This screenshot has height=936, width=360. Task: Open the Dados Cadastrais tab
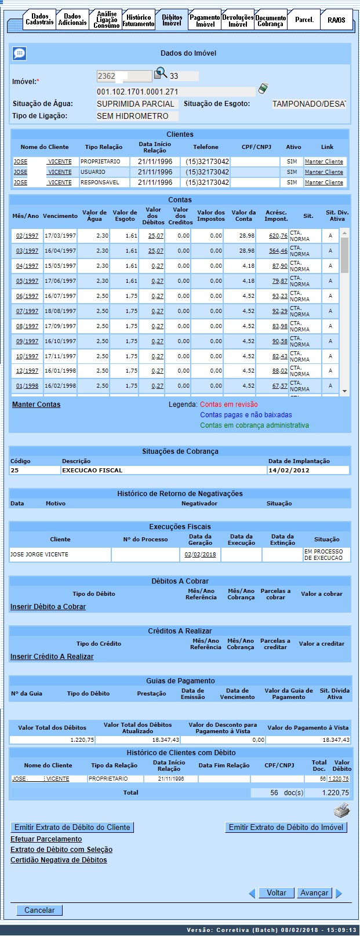tap(40, 20)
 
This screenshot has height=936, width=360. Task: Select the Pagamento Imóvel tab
tap(205, 21)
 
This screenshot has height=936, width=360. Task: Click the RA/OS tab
tap(336, 20)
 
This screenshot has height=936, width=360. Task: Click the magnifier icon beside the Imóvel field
tap(161, 74)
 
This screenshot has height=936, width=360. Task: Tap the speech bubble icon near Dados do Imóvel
tap(19, 54)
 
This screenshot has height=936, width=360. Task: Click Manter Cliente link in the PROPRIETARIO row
tap(324, 162)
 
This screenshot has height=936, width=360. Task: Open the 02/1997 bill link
tap(27, 236)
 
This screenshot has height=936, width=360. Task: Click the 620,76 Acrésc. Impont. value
tap(278, 236)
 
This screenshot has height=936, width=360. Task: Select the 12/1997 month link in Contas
tap(27, 371)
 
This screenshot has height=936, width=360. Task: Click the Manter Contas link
tap(36, 405)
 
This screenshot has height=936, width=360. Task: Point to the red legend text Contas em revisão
tap(229, 405)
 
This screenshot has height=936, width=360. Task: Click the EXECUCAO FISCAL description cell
tap(93, 471)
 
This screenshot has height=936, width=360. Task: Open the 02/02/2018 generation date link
tap(200, 555)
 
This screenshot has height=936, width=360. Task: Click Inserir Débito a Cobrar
tap(48, 607)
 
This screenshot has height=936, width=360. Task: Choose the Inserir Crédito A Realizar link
tap(52, 657)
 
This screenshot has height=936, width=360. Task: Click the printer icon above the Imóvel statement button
tap(342, 810)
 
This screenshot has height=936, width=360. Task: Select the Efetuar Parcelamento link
tap(46, 839)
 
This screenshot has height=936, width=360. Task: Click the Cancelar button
tap(39, 910)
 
